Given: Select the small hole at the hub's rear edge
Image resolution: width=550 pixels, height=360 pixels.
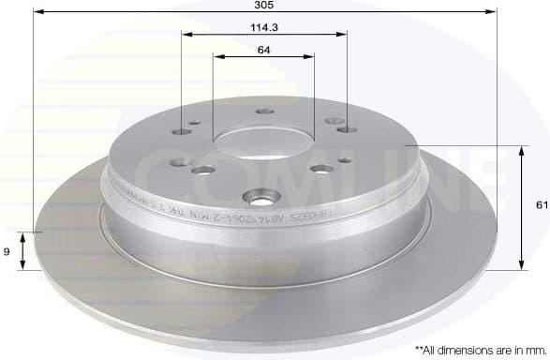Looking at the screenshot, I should click(x=262, y=114).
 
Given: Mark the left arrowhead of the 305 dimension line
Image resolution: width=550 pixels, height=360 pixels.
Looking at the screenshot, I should click(x=37, y=12).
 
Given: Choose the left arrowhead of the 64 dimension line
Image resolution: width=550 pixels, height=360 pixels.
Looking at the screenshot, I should click(x=216, y=57).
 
